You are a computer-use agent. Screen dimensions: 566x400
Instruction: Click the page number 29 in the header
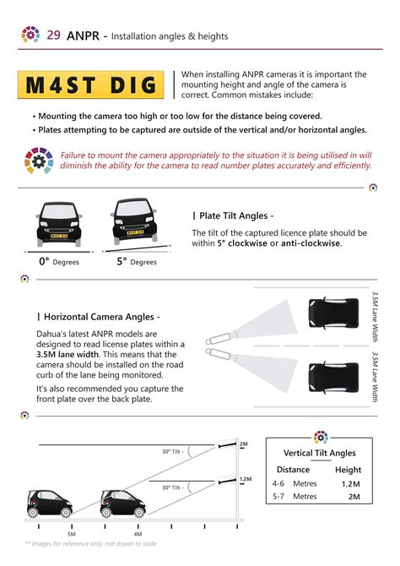(53, 35)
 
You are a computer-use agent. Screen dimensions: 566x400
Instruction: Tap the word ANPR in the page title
(82, 35)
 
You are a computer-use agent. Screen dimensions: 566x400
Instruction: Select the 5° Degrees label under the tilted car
(136, 262)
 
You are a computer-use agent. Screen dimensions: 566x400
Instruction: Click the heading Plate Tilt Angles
(233, 215)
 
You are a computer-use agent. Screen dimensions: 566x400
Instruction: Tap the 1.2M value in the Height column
(348, 484)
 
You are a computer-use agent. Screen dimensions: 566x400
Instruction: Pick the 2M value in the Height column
(354, 497)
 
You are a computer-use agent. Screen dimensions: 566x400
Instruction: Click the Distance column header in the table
(293, 470)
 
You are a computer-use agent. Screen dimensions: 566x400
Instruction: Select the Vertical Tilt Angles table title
(320, 453)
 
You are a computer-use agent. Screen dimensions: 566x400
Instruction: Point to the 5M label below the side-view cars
(72, 535)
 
